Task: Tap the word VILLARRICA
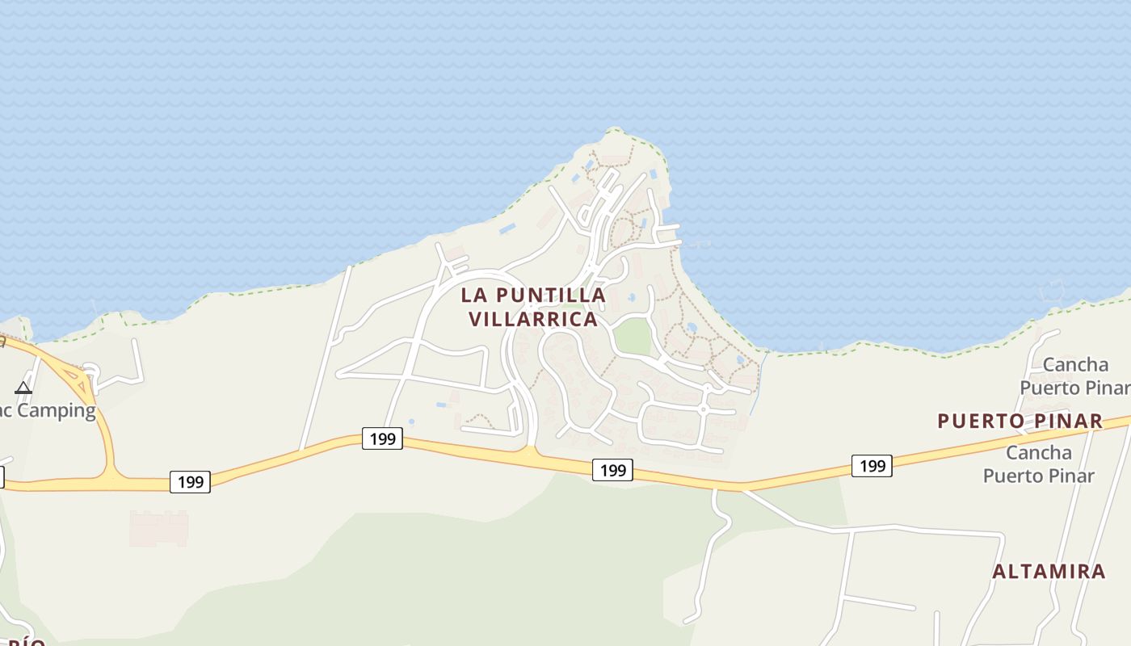pos(533,319)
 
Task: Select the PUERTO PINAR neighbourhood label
pos(1020,421)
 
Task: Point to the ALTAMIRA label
pos(1049,572)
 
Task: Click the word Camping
pos(57,410)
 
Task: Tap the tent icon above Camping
pos(23,388)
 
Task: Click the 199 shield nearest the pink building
pos(190,482)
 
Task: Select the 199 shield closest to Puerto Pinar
pos(872,466)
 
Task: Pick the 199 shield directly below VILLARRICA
pos(612,470)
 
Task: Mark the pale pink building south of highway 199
pos(159,528)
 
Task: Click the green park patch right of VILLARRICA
pos(632,336)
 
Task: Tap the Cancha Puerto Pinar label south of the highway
pos(1038,464)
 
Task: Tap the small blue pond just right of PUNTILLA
pos(631,298)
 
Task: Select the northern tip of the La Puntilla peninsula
pos(614,131)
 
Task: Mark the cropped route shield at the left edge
pos(2,477)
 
